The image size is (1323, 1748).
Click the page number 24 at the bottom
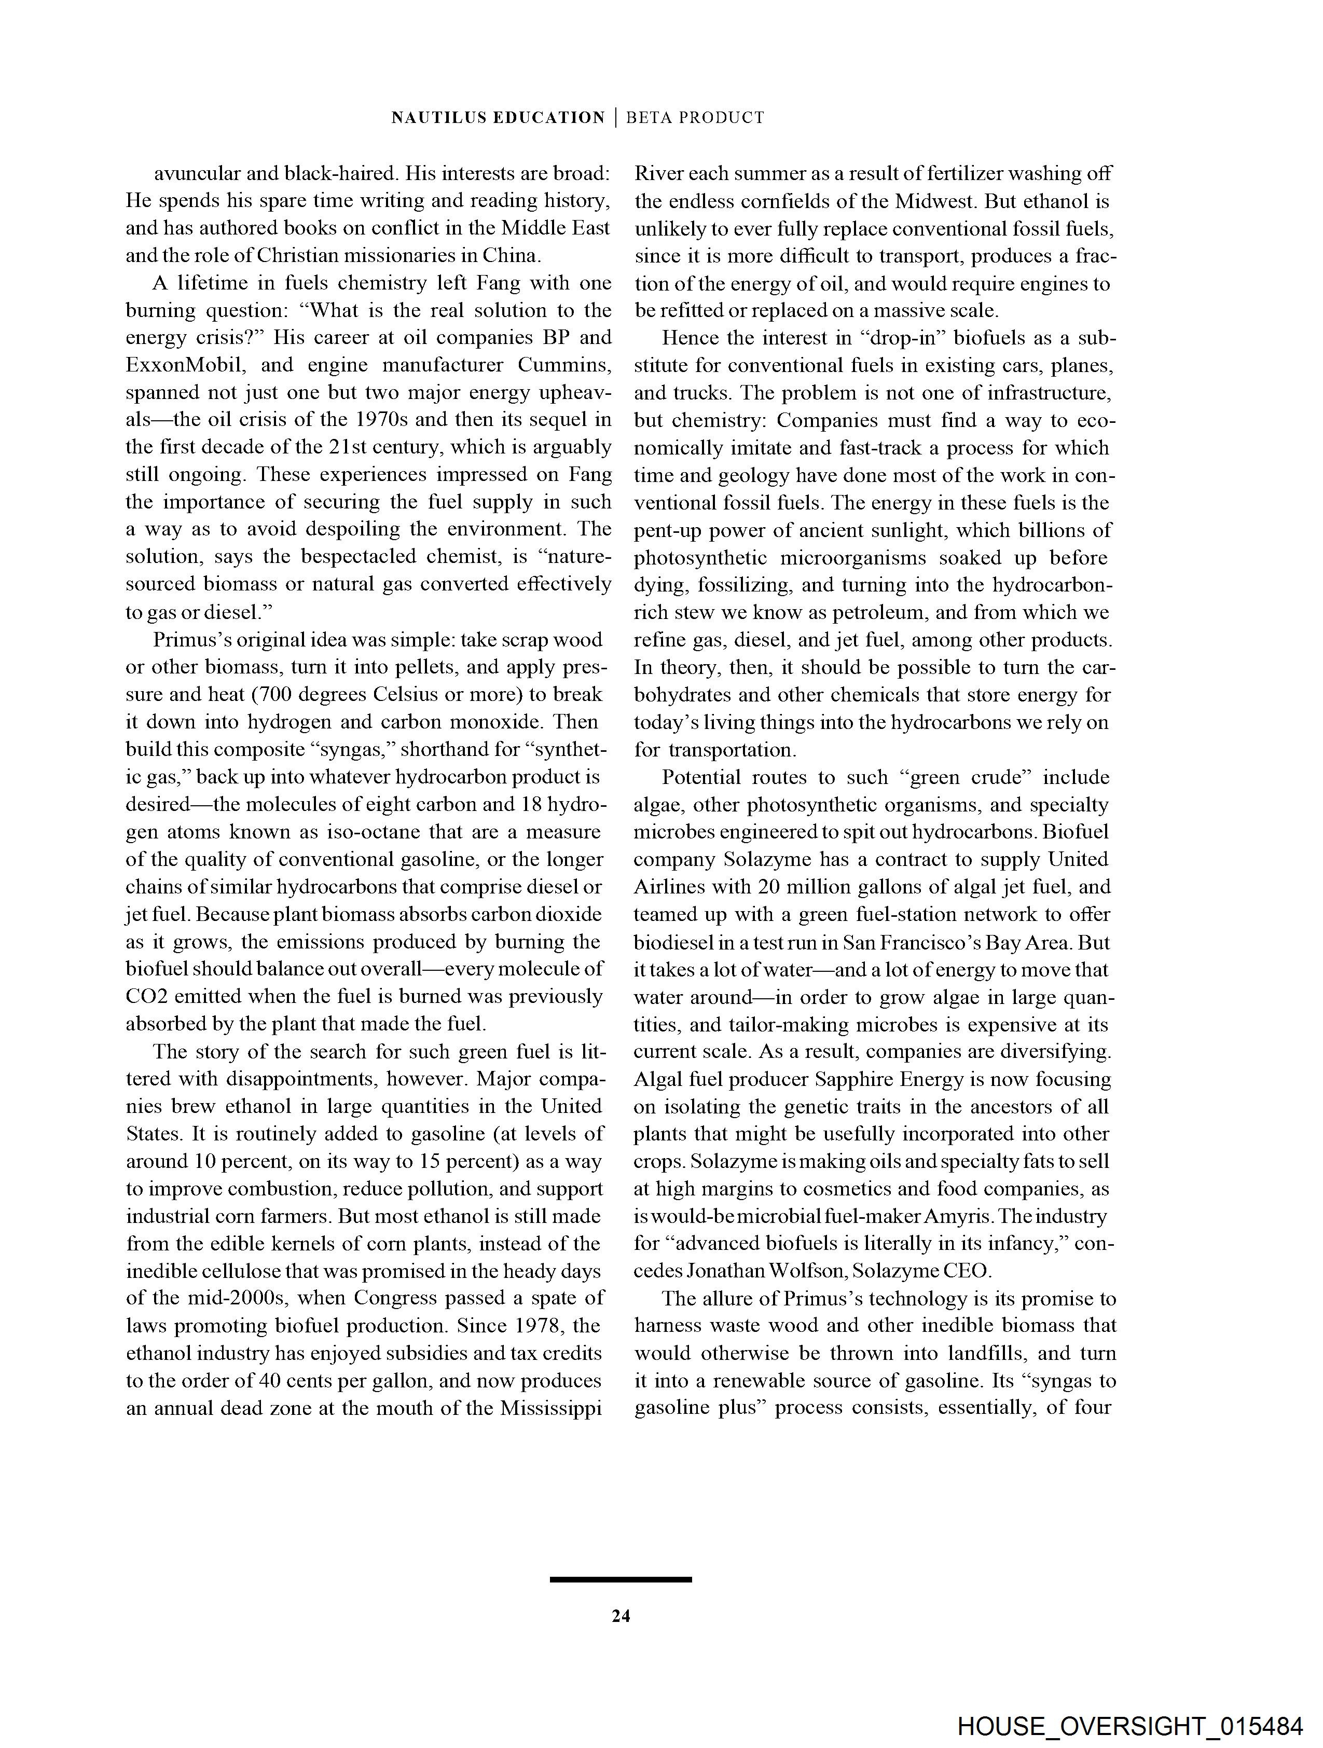(x=621, y=1616)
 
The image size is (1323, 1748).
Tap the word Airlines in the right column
(x=669, y=887)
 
